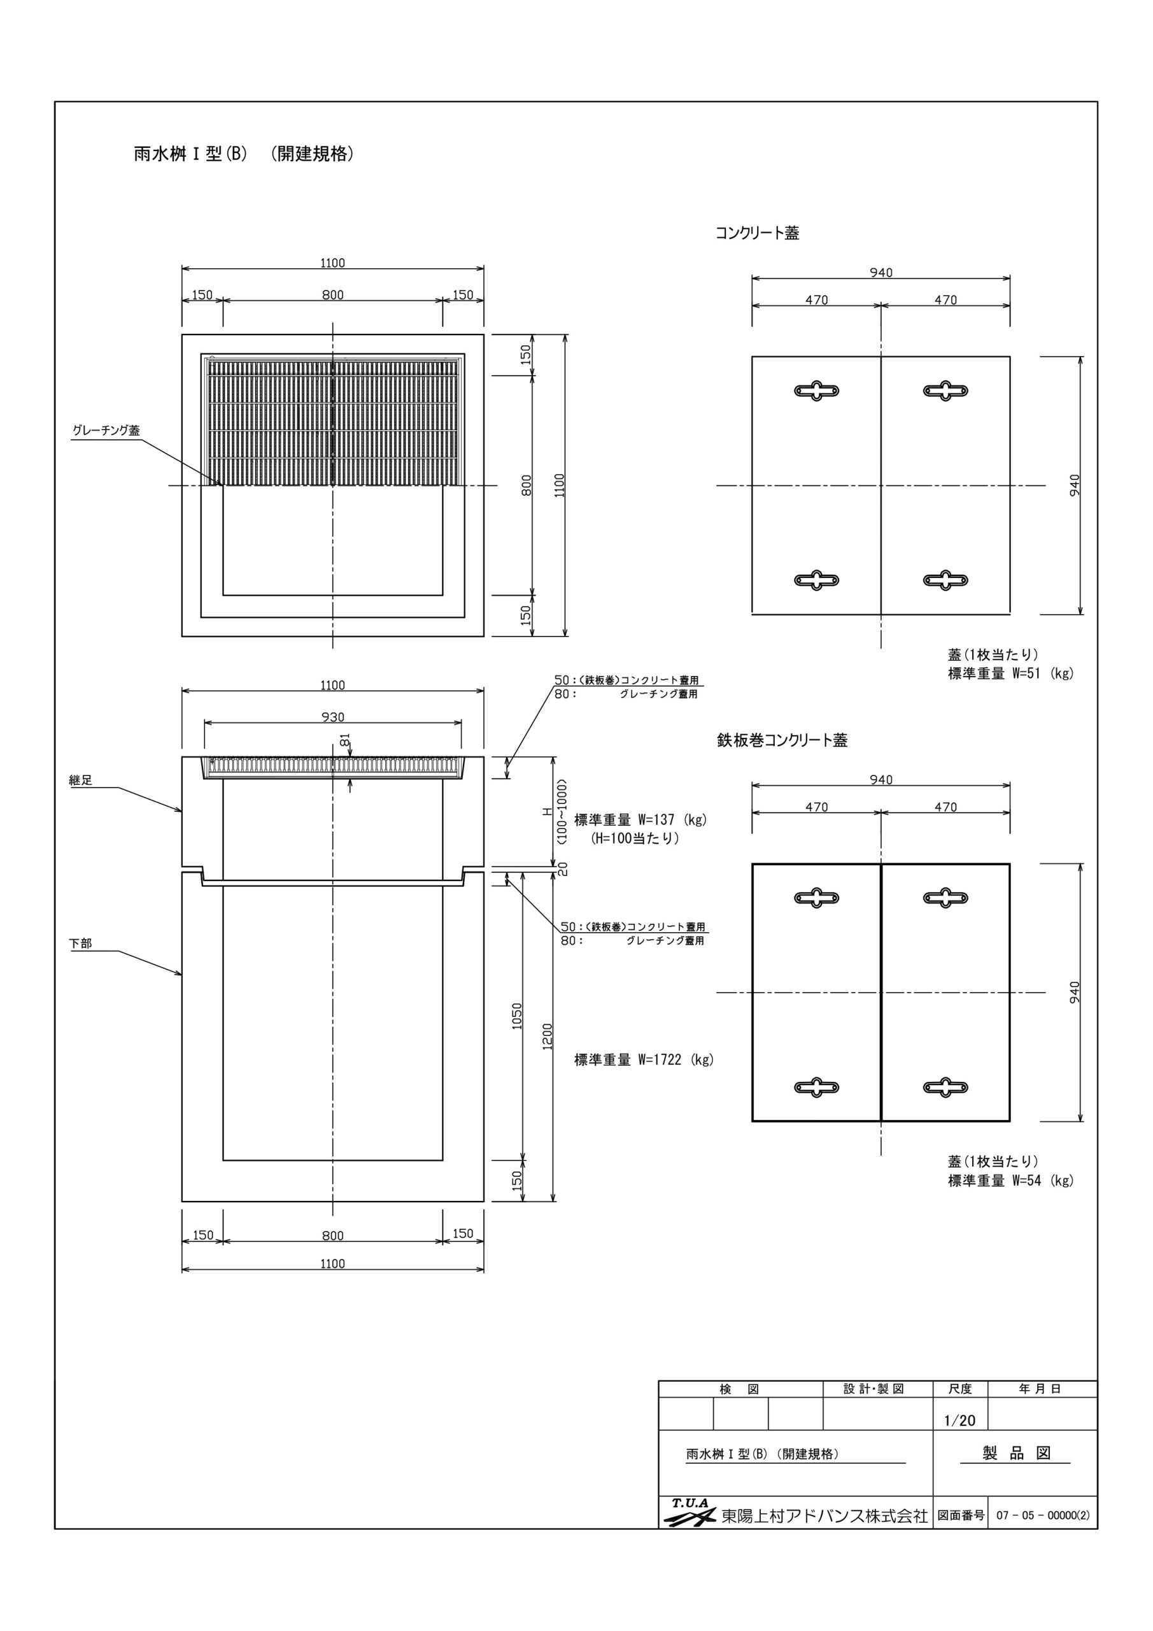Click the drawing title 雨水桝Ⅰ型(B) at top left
pos(190,154)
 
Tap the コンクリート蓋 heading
pos(757,233)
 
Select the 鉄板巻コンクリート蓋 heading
pos(782,740)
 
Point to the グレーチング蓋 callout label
pos(106,431)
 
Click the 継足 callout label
pos(81,780)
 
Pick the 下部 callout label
pos(81,944)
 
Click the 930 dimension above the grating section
pos(332,717)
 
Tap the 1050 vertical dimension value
pos(517,1016)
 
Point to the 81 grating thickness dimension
pos(345,740)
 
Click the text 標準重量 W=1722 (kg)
pos(644,1060)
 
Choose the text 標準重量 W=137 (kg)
pos(640,820)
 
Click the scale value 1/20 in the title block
pos(960,1421)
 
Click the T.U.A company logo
pos(690,1513)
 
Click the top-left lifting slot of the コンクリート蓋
pos(816,391)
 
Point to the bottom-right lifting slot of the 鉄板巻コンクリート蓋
pos(945,1087)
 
